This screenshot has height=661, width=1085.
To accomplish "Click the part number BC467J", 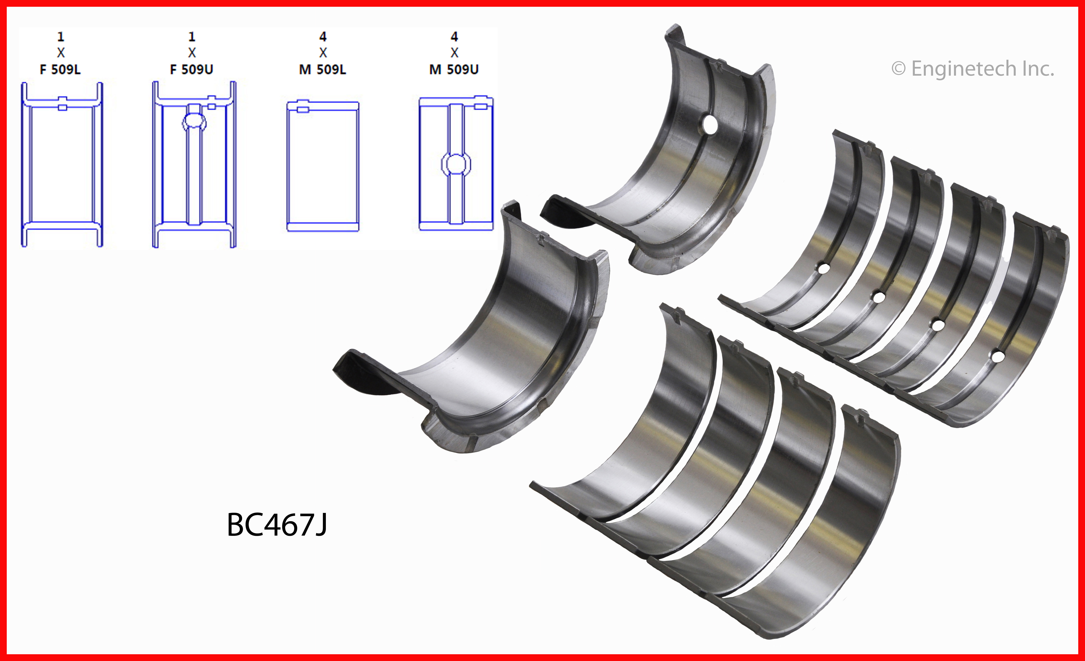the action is [277, 525].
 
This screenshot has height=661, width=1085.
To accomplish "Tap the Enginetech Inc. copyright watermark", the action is [973, 69].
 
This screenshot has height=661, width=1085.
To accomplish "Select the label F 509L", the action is [60, 70].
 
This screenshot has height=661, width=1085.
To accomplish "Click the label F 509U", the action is [192, 70].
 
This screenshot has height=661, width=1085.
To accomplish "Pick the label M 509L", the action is [323, 70].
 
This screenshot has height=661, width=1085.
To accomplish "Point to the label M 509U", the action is [454, 70].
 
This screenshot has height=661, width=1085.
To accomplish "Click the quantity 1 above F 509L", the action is [61, 36].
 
